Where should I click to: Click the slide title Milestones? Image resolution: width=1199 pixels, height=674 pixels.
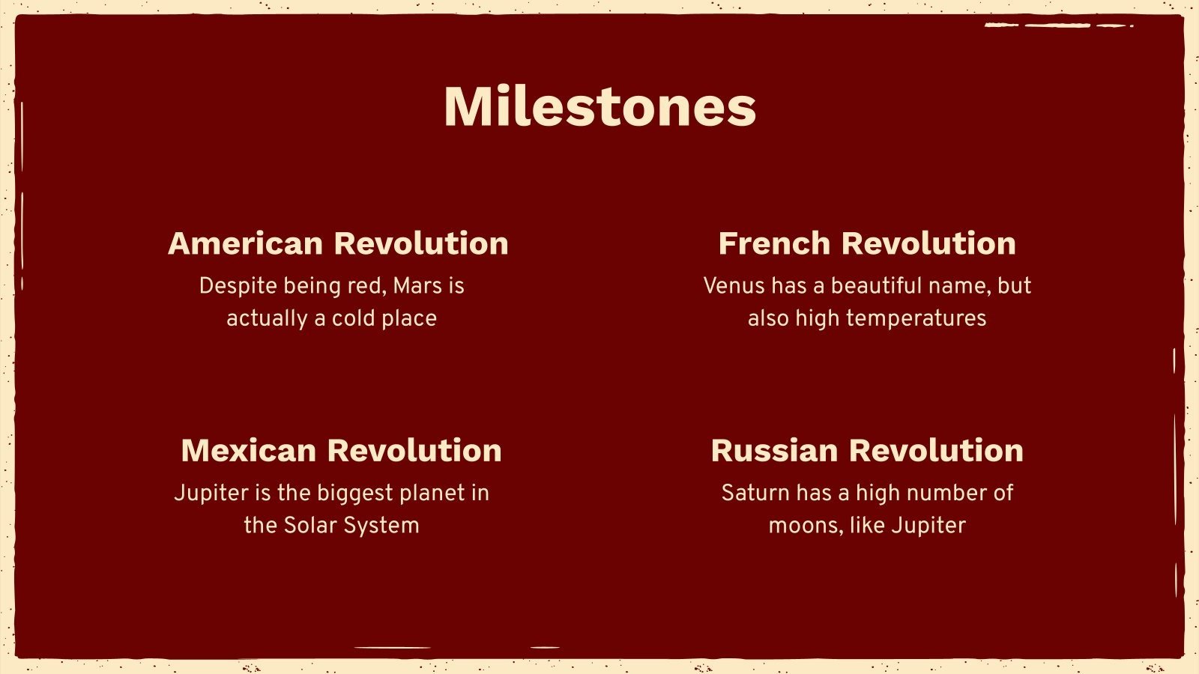click(599, 106)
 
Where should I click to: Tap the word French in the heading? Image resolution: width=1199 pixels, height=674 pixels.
click(774, 244)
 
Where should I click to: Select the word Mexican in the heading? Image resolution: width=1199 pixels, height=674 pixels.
click(248, 451)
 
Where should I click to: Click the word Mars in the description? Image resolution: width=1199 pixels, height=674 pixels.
click(417, 286)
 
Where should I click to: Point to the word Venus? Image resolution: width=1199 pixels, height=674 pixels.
click(734, 286)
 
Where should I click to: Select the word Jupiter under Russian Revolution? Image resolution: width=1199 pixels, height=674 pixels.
click(928, 526)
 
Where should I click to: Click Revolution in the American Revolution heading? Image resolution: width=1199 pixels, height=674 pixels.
click(421, 244)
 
